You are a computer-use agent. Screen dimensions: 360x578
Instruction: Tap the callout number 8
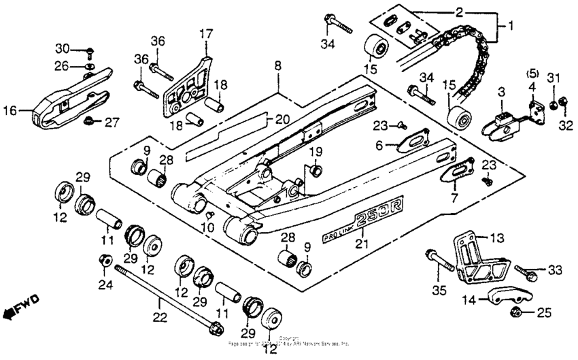click(277, 66)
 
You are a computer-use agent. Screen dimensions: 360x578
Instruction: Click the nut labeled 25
click(515, 313)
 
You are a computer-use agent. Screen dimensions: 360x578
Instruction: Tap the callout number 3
click(500, 91)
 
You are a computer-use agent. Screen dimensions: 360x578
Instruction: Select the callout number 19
click(316, 151)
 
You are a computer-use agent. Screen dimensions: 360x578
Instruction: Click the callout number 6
click(381, 144)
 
